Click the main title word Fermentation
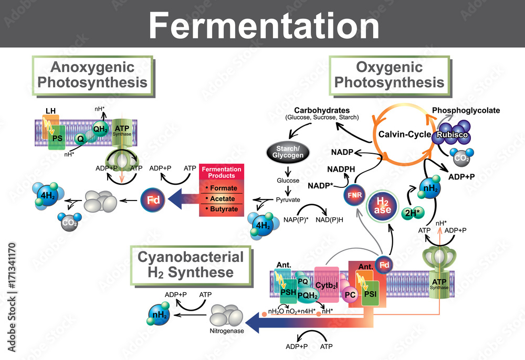tap(262, 25)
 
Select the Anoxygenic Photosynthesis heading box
tap(92, 75)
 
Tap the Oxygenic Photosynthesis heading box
tap(389, 75)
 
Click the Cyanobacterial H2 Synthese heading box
tap(191, 265)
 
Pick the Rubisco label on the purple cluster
tap(450, 135)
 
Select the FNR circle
tap(353, 196)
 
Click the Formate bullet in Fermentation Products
tap(223, 188)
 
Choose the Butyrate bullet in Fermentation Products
tap(223, 209)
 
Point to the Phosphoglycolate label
tap(466, 110)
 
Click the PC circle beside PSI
tap(350, 294)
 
